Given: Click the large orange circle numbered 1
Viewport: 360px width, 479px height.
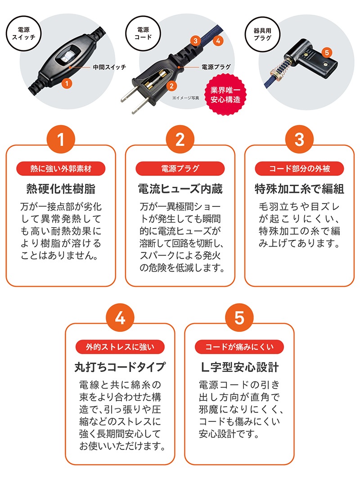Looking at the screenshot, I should point(60,140).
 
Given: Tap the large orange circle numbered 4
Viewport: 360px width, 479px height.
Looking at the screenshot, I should point(120,318).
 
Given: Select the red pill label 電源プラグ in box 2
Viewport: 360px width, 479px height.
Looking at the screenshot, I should point(180,169).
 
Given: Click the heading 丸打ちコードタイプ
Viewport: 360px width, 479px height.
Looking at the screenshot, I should point(120,367).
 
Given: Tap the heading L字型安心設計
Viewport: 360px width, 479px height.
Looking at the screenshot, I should point(239,367).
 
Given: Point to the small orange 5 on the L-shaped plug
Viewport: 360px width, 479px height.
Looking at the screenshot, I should point(327,53).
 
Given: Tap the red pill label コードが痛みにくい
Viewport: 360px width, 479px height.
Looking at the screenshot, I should point(239,347).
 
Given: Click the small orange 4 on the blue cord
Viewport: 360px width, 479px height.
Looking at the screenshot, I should point(217,40).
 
